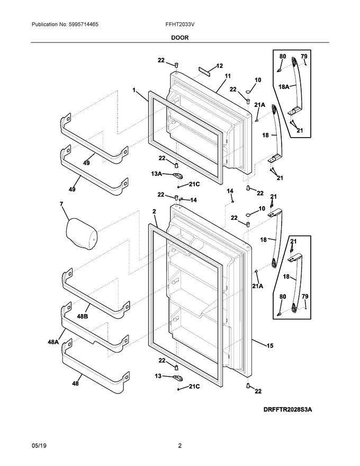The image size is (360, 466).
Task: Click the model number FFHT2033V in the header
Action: (x=180, y=24)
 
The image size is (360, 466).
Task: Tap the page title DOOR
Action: (x=179, y=38)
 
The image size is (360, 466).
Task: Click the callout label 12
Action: (x=219, y=66)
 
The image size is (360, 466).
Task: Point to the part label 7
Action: (x=61, y=204)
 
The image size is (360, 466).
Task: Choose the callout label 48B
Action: (x=82, y=317)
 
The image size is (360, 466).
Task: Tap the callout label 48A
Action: (x=53, y=342)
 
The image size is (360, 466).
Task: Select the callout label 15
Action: (x=269, y=346)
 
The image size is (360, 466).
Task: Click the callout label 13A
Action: (x=157, y=174)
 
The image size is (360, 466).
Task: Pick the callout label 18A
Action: (x=284, y=87)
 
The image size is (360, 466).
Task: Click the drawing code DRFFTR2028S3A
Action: (x=288, y=410)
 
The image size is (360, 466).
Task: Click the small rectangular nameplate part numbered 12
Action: (x=205, y=70)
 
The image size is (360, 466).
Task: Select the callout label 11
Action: (x=228, y=76)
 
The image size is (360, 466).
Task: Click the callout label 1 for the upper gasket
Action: (x=134, y=89)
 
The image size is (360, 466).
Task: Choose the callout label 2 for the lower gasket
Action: (x=154, y=212)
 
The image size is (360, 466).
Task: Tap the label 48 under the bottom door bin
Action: (x=76, y=384)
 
